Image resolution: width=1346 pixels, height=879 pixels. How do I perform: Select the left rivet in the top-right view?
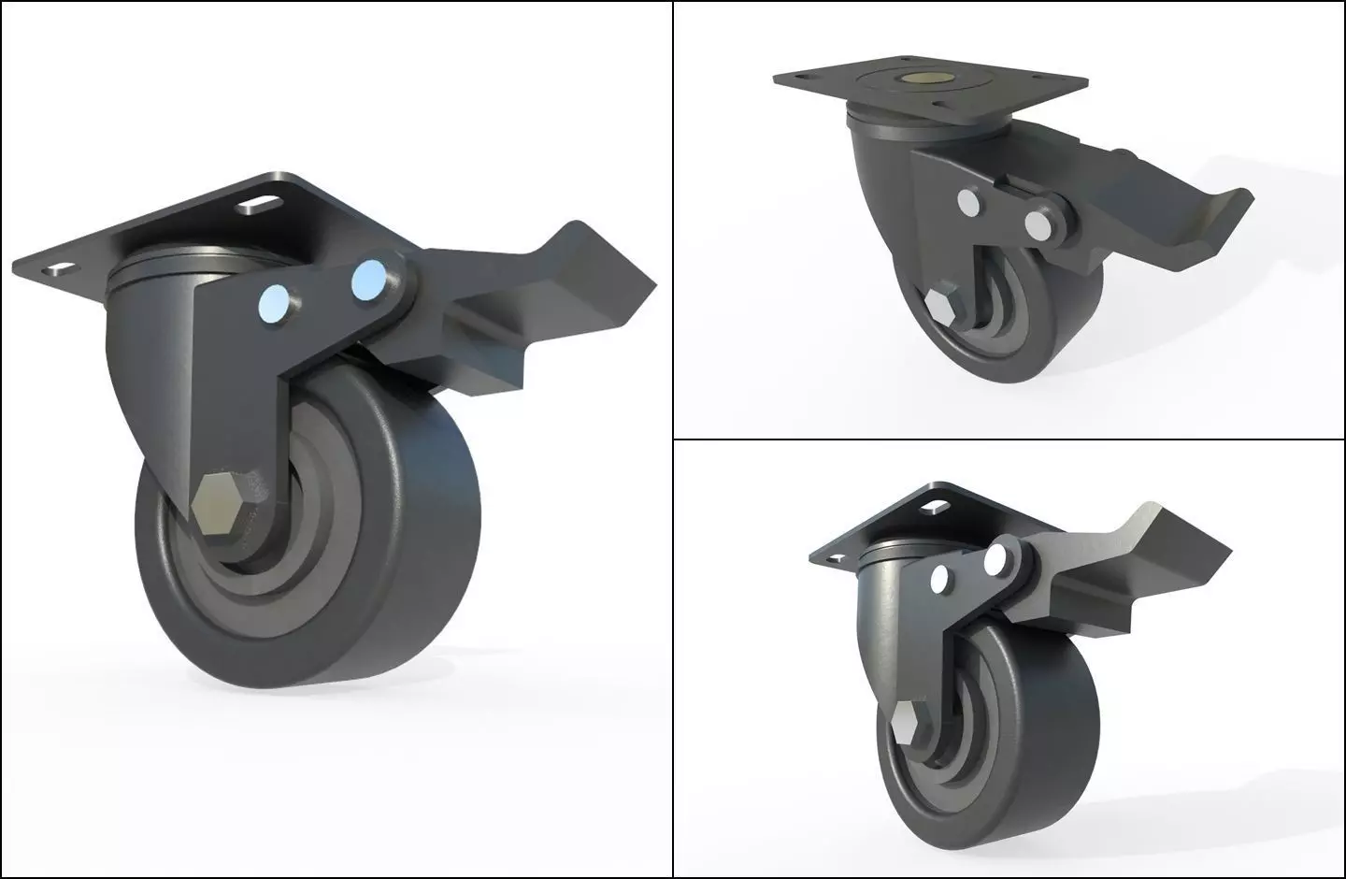pyautogui.click(x=968, y=203)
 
